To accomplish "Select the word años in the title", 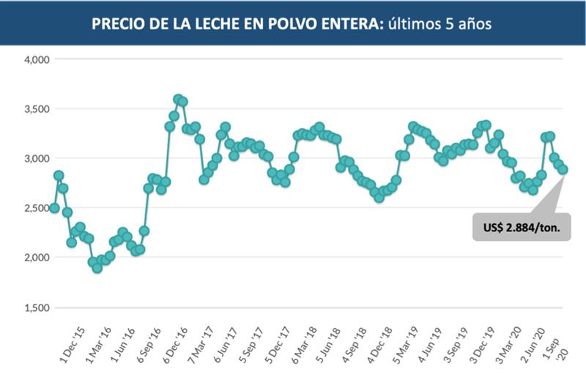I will pos(475,23).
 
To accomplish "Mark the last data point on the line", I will pos(563,170).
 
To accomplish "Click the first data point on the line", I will pos(54,209).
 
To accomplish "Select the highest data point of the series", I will pos(178,99).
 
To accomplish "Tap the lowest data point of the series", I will pos(97,268).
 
